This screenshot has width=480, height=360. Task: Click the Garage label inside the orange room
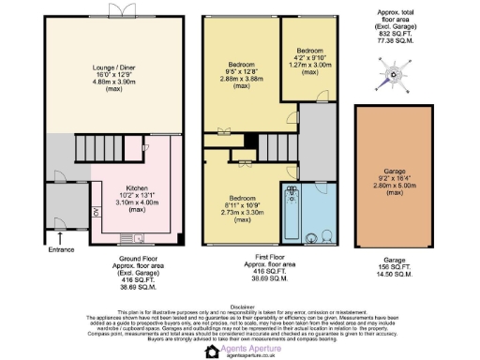393,172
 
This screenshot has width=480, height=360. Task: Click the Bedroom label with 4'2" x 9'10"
309,50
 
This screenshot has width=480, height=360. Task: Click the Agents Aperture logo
239,350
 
